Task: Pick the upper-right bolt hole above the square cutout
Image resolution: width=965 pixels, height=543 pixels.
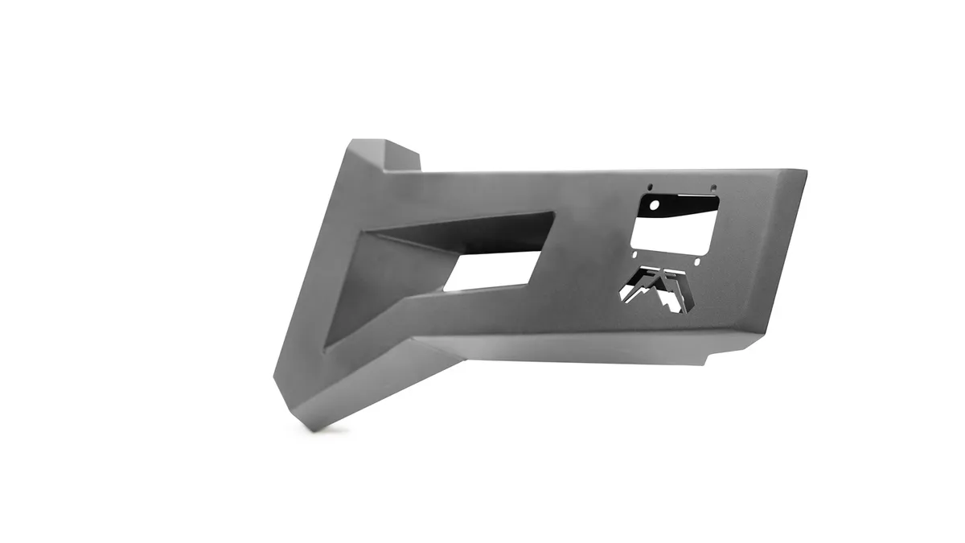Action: [712, 190]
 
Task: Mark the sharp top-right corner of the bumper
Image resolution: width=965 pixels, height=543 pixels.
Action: [805, 172]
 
